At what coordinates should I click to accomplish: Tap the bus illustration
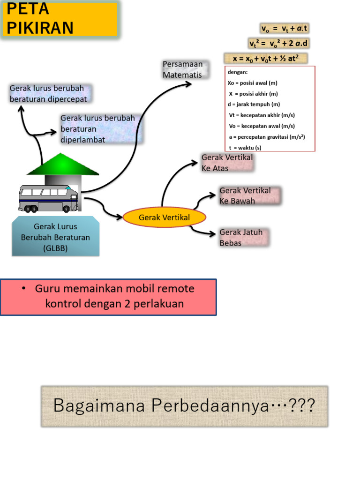48,198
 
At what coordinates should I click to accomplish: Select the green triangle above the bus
63,165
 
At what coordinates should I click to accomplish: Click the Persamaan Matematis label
183,69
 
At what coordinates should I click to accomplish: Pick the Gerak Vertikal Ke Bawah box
249,196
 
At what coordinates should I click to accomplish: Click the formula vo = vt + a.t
285,29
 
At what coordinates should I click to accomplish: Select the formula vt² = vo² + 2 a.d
279,44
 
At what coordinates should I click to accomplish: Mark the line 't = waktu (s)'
245,148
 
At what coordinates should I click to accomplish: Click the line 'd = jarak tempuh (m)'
253,105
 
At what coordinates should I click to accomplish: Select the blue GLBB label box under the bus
56,237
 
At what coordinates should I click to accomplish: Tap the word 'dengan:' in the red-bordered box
238,73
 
